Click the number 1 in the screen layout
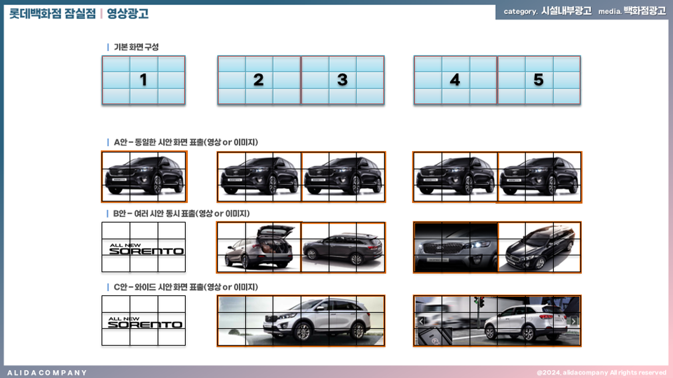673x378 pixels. (143, 80)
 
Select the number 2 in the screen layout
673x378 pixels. (258, 80)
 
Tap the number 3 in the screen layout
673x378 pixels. (342, 80)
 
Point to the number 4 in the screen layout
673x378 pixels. (455, 80)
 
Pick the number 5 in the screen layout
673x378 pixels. (538, 80)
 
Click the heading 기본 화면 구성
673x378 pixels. (136, 47)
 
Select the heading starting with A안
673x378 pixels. (186, 142)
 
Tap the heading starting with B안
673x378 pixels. (181, 214)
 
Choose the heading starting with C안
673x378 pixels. (186, 287)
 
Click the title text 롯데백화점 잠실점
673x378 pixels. (53, 13)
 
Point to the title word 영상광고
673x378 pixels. (127, 13)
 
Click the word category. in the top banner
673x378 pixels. (520, 12)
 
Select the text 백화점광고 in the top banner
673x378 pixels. (645, 11)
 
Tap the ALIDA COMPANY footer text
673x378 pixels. (47, 373)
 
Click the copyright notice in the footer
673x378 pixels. (602, 373)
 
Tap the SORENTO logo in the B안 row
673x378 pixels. (146, 249)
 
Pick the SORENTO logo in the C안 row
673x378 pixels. (145, 323)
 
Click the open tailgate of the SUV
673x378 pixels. (275, 232)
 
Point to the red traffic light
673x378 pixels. (482, 301)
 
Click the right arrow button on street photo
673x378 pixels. (574, 321)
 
